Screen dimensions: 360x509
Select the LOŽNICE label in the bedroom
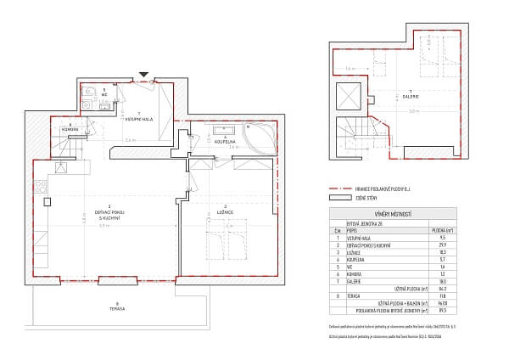point(224,210)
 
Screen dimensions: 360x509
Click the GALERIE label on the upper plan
point(410,93)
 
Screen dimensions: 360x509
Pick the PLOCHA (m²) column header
point(463,228)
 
